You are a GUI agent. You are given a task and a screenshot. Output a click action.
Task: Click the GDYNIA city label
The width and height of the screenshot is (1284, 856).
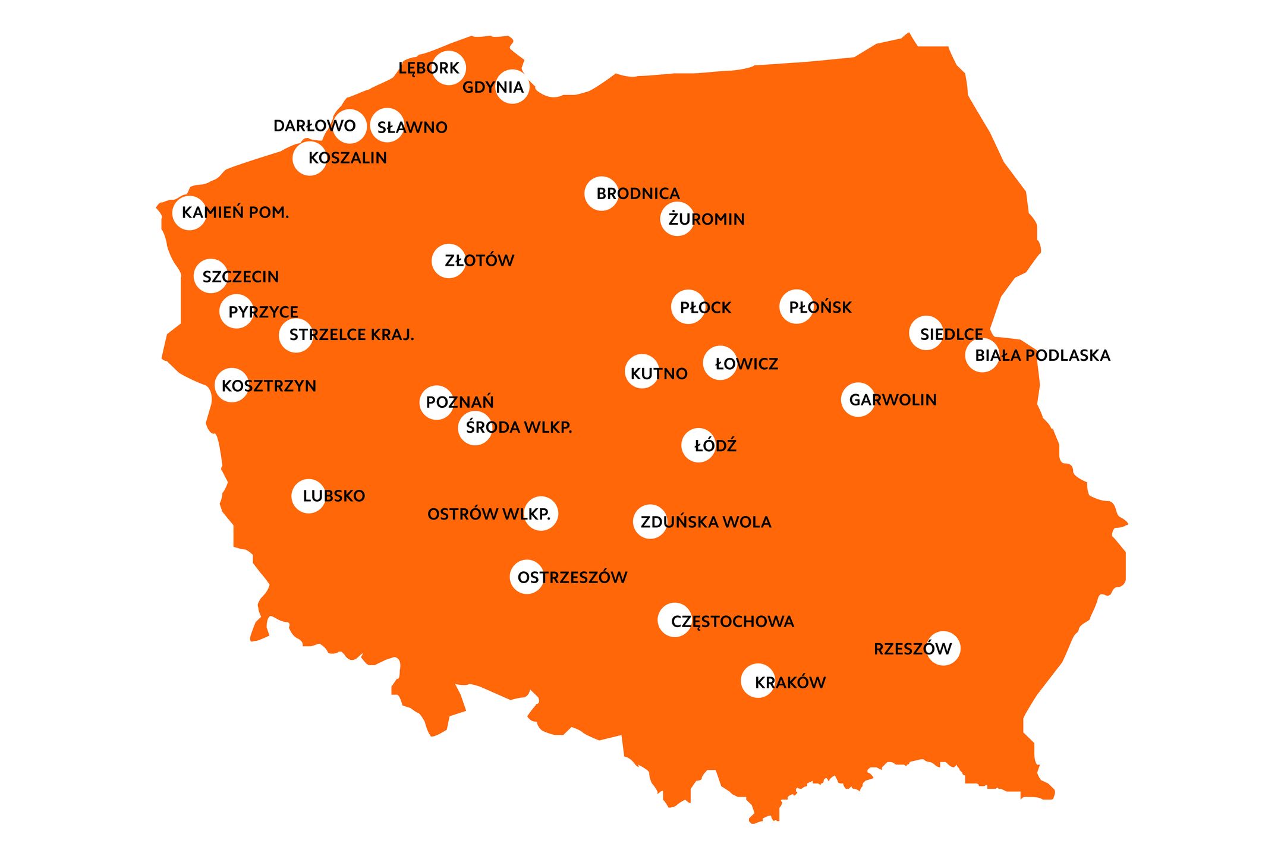pyautogui.click(x=493, y=87)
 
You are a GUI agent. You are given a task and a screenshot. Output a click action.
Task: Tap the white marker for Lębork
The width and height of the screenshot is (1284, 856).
pyautogui.click(x=449, y=68)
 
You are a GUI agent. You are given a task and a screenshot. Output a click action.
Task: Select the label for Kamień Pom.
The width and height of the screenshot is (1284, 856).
pyautogui.click(x=235, y=212)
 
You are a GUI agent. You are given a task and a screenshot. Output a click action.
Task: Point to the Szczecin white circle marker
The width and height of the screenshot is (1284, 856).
pyautogui.click(x=210, y=276)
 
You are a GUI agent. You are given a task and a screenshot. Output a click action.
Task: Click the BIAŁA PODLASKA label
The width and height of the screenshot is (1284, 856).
pyautogui.click(x=1043, y=355)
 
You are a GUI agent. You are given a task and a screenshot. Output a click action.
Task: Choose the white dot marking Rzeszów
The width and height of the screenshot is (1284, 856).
pyautogui.click(x=943, y=648)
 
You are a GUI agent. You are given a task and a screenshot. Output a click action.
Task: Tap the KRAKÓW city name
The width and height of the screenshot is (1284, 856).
pyautogui.click(x=790, y=682)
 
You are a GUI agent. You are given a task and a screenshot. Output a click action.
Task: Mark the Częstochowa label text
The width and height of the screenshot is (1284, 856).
pyautogui.click(x=732, y=622)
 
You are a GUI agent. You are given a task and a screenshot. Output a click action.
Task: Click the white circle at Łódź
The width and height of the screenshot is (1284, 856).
pyautogui.click(x=698, y=445)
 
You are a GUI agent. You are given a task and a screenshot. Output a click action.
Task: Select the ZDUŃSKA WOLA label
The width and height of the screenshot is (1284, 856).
pyautogui.click(x=706, y=522)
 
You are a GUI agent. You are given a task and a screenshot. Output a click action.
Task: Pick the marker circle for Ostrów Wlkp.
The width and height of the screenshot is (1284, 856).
pyautogui.click(x=541, y=513)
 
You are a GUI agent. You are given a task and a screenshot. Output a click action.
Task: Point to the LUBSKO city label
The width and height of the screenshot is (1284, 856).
pyautogui.click(x=333, y=496)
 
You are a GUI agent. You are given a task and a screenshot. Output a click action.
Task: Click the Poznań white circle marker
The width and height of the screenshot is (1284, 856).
pyautogui.click(x=436, y=402)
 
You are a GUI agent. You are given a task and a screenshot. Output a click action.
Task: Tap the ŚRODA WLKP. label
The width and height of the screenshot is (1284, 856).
pyautogui.click(x=518, y=427)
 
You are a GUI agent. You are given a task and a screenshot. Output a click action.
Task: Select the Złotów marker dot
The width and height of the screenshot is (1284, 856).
pyautogui.click(x=448, y=260)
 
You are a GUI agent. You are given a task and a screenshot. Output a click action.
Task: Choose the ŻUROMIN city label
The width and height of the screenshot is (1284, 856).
pyautogui.click(x=706, y=219)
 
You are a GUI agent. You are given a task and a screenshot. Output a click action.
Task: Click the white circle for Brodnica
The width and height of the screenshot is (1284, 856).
pyautogui.click(x=602, y=193)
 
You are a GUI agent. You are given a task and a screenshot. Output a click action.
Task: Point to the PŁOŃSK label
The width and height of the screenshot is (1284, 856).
pyautogui.click(x=820, y=307)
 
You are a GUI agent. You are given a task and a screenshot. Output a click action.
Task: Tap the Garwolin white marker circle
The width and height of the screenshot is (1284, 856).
pyautogui.click(x=858, y=399)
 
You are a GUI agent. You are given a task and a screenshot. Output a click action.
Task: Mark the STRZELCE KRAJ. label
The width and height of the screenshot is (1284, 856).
pyautogui.click(x=351, y=335)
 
